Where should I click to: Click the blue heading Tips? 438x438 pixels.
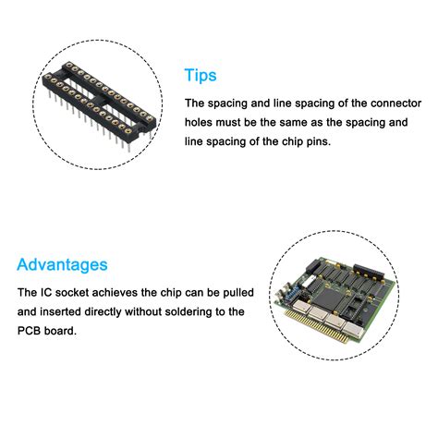pos(201,75)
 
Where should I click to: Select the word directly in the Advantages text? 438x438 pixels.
pos(120,311)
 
